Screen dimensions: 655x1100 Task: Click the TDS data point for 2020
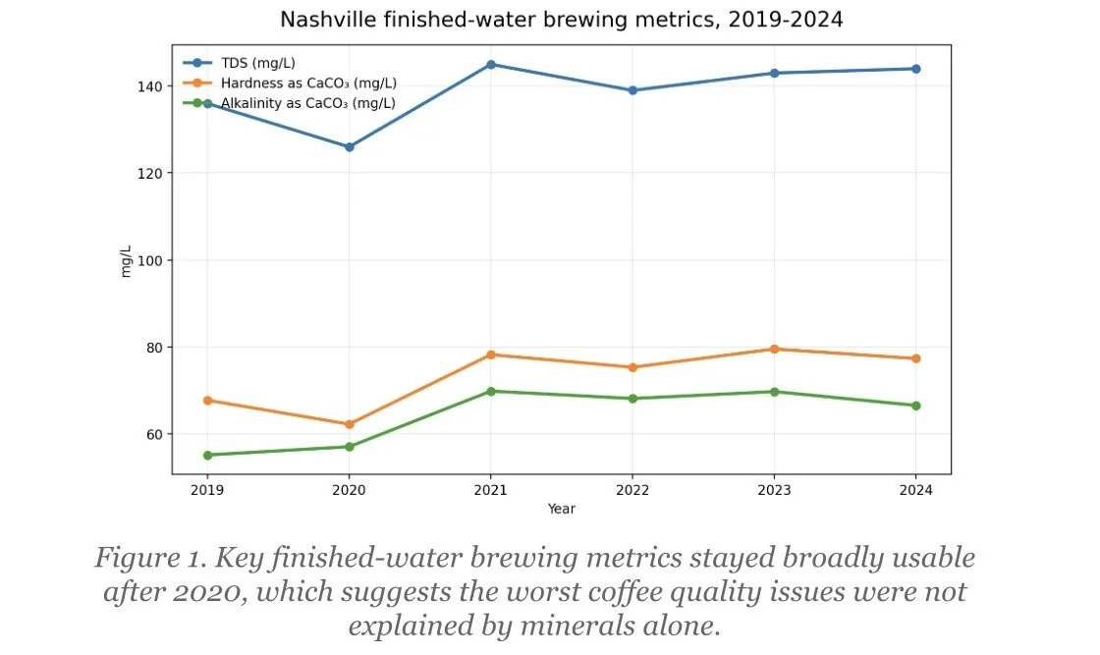[349, 147]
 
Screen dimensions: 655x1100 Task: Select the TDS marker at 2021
[491, 65]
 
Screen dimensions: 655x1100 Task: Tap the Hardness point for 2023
[775, 349]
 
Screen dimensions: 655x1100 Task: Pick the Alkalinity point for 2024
[916, 406]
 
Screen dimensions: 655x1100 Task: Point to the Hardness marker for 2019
[207, 401]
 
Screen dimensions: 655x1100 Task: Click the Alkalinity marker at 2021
[491, 391]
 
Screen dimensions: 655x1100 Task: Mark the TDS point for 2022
[632, 90]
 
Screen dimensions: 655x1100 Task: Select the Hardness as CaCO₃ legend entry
[306, 83]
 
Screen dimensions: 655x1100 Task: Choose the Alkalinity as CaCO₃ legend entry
[306, 102]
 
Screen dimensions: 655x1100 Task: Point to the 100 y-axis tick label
[150, 260]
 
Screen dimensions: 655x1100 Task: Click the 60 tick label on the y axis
[154, 434]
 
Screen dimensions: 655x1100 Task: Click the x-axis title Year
[562, 509]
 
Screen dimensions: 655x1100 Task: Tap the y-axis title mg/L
[126, 260]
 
